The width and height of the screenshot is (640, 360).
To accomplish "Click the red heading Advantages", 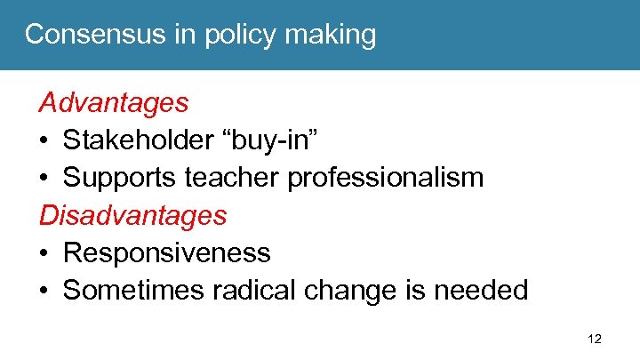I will tap(113, 103).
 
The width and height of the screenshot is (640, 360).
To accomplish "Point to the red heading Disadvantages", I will tap(132, 215).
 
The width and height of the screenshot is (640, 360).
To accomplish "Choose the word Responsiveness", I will tap(166, 253).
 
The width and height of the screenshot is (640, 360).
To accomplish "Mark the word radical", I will tap(234, 290).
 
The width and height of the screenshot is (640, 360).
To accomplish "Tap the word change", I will tap(325, 291).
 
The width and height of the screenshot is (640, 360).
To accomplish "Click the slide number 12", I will tap(594, 339).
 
